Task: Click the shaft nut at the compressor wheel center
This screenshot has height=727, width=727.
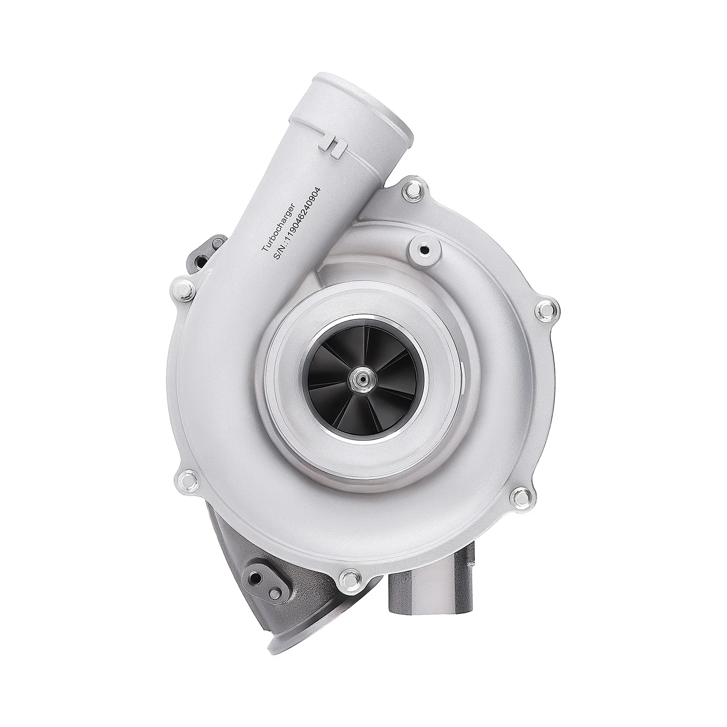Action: tap(363, 363)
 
